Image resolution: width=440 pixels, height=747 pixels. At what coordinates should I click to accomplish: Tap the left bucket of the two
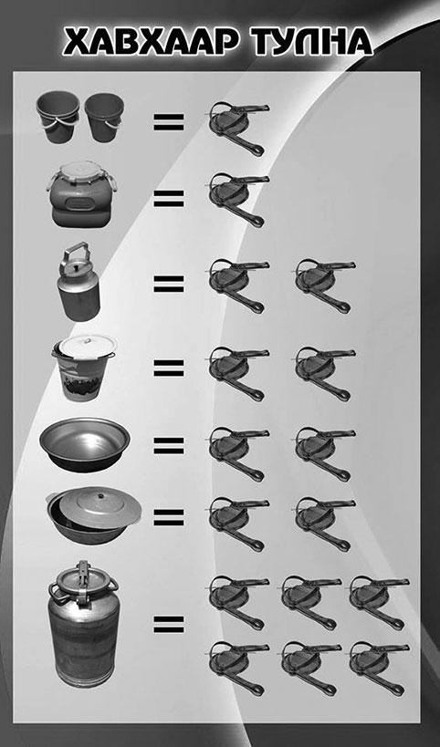[58, 118]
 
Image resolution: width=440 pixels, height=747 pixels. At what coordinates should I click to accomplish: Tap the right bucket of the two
[104, 117]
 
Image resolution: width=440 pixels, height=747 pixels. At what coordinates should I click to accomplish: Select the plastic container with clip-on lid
[81, 194]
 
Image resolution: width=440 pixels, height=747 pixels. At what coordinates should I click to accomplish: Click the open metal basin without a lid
[85, 445]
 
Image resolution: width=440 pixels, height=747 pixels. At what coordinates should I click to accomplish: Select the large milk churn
[84, 624]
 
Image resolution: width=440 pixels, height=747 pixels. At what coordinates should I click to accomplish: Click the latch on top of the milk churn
[83, 572]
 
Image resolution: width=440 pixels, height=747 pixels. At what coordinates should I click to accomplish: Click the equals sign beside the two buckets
[169, 121]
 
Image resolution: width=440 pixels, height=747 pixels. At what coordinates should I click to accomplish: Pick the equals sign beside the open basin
[169, 445]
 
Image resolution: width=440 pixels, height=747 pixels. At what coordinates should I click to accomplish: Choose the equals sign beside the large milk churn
[169, 625]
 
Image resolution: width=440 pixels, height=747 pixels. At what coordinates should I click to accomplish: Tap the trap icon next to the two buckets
[238, 129]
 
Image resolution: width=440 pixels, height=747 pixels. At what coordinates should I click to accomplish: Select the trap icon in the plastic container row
[238, 200]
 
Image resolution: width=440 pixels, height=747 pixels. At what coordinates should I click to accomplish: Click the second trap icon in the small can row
[325, 285]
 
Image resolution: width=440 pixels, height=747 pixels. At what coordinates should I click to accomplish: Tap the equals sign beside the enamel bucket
[169, 368]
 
